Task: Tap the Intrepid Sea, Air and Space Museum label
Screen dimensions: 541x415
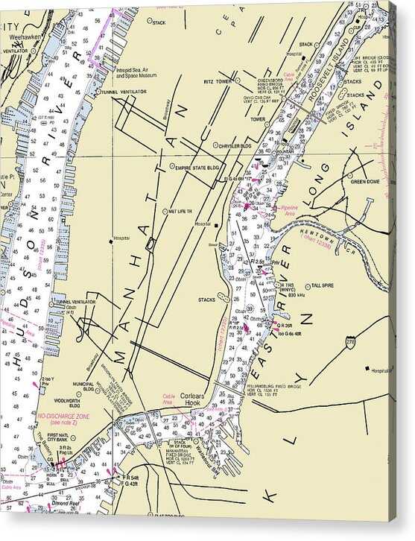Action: pyautogui.click(x=135, y=72)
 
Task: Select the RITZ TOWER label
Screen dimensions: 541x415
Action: pyautogui.click(x=215, y=82)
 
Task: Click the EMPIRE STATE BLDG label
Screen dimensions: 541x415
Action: pyautogui.click(x=198, y=168)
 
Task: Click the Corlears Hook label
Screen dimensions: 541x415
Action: pyautogui.click(x=195, y=400)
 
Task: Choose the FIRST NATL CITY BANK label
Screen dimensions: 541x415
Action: pyautogui.click(x=63, y=437)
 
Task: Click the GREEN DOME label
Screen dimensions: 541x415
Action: pyautogui.click(x=366, y=181)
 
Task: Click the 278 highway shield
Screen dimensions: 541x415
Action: pyautogui.click(x=349, y=343)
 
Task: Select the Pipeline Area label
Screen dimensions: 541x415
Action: pyautogui.click(x=288, y=210)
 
